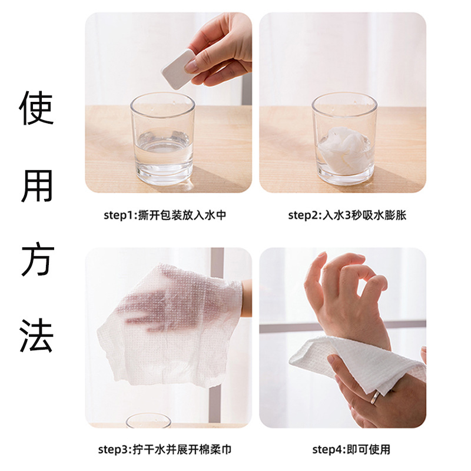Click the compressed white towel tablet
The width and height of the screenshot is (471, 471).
tap(178, 69)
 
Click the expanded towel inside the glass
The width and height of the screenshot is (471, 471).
tap(344, 147)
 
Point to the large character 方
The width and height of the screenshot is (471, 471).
tap(38, 260)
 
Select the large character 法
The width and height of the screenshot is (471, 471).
tap(38, 334)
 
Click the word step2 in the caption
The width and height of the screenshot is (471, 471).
tap(303, 215)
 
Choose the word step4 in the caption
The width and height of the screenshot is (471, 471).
tap(327, 450)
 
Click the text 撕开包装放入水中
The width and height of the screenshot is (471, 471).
tap(183, 215)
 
